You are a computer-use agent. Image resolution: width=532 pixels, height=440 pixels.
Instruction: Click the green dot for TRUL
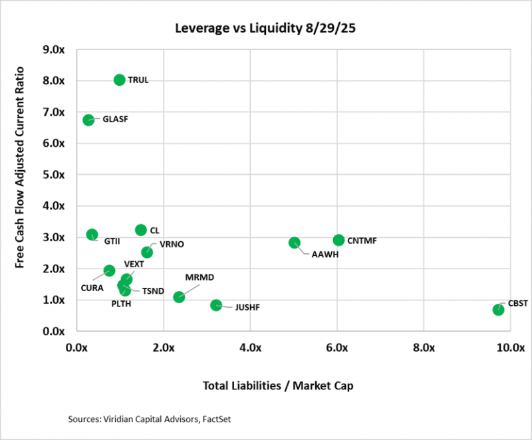(120, 80)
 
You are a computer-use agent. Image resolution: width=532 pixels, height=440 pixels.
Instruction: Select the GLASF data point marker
(88, 120)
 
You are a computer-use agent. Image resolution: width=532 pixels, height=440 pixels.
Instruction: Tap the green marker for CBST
(498, 310)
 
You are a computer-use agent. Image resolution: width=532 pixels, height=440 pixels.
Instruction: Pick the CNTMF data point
(338, 240)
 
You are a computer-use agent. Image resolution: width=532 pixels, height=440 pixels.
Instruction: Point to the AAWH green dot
(295, 243)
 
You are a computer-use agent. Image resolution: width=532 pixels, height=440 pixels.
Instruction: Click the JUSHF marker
(216, 305)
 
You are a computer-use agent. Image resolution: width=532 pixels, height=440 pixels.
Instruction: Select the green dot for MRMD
(179, 296)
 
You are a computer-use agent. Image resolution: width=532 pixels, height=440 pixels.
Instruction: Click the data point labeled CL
(141, 230)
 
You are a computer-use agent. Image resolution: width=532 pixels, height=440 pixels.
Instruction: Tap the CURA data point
(110, 271)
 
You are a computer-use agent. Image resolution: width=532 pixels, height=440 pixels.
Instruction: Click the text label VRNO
(172, 244)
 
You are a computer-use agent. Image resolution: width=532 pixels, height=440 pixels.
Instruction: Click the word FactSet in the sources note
(207, 420)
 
